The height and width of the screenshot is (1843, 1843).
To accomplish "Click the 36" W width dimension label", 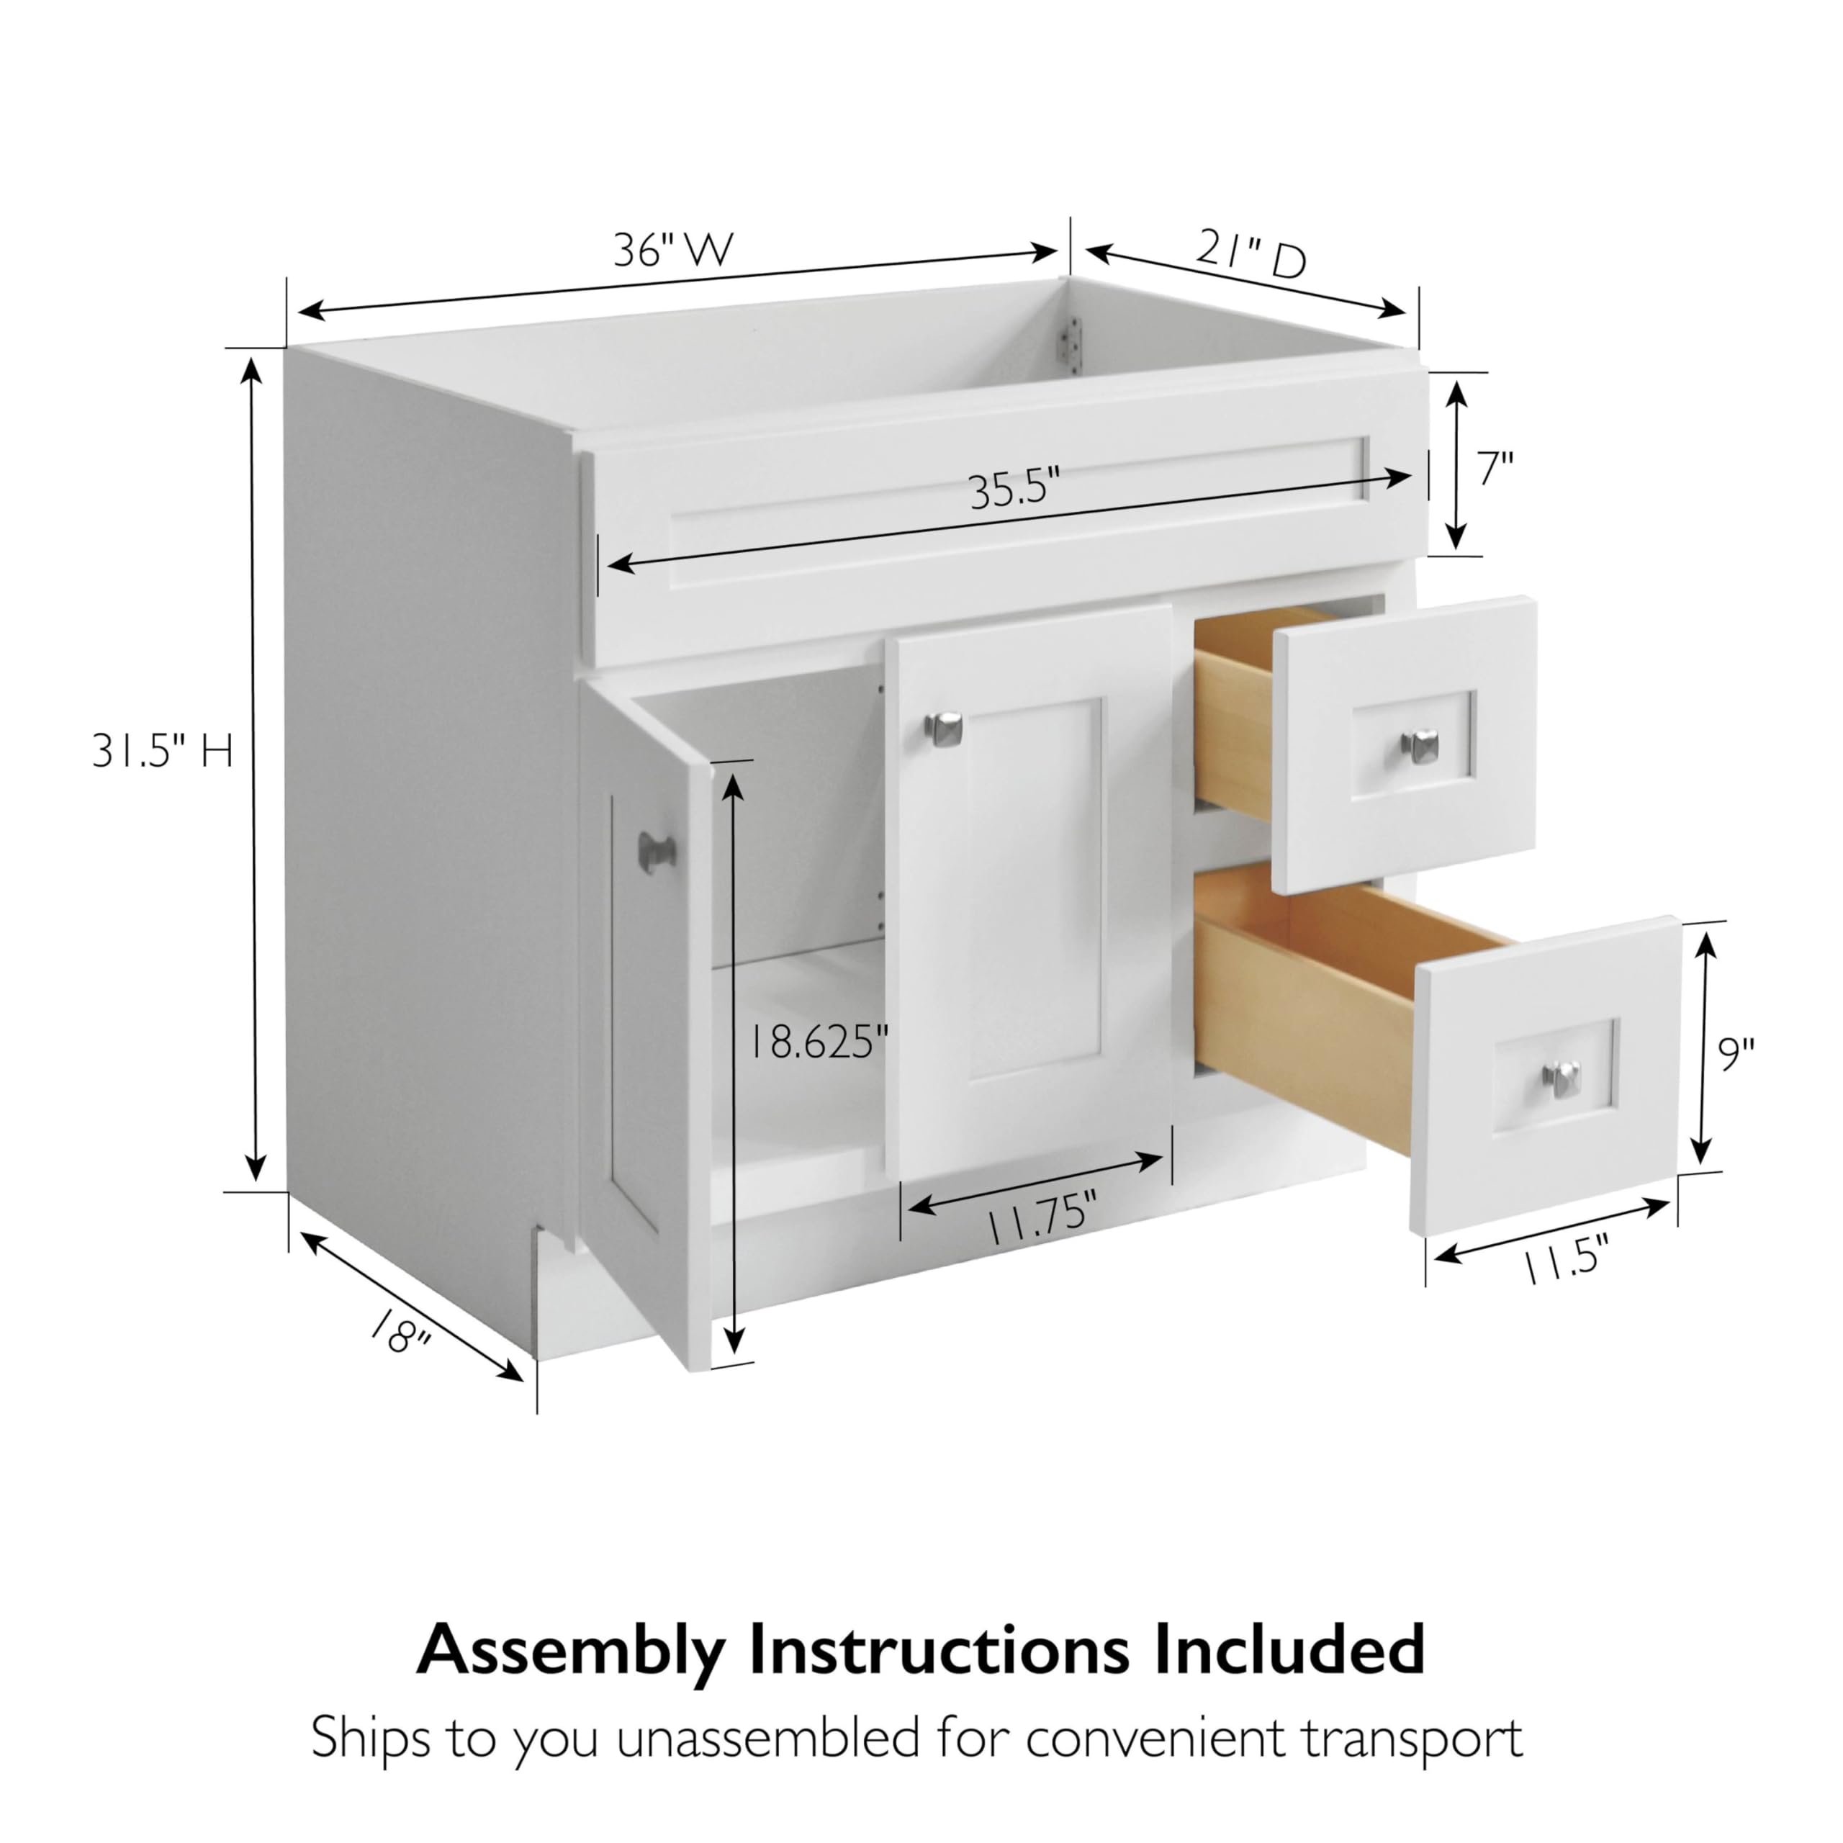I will coord(673,250).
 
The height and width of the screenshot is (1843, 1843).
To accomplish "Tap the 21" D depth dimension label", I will coord(1251,256).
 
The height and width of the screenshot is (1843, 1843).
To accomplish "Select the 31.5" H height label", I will coord(162,752).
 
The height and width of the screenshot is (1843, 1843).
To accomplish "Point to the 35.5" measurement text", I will coord(1015,490).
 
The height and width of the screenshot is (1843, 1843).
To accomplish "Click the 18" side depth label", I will coord(400,1333).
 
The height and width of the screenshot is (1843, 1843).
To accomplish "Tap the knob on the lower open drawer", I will coord(1561,1077).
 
